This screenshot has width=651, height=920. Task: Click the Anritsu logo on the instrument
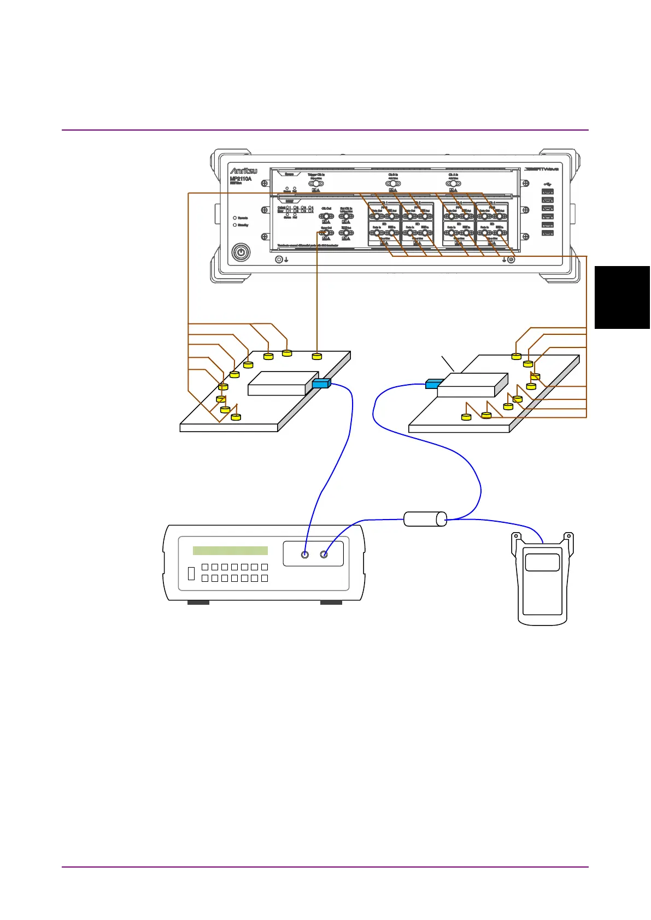click(x=243, y=171)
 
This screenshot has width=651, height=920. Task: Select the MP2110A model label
click(x=241, y=179)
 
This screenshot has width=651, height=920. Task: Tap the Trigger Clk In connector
click(x=316, y=184)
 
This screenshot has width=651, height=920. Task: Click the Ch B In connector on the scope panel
click(x=392, y=184)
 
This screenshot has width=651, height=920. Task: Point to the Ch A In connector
click(x=453, y=184)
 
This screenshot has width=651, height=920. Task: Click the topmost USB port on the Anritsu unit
click(x=548, y=192)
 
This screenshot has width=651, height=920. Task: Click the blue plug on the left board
click(x=321, y=384)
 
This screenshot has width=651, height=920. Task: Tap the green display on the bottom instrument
click(x=230, y=551)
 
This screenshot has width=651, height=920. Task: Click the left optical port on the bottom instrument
click(x=305, y=555)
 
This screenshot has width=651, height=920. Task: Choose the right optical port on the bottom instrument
click(x=324, y=555)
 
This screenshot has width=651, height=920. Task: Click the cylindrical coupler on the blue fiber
click(x=425, y=519)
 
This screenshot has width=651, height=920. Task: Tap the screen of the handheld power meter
click(x=542, y=562)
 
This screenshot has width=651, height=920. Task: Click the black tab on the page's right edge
click(x=623, y=297)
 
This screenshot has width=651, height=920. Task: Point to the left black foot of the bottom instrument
click(x=198, y=603)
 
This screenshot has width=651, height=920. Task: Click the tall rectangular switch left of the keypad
click(x=191, y=573)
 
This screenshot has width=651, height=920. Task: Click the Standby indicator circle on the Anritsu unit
click(x=235, y=225)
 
